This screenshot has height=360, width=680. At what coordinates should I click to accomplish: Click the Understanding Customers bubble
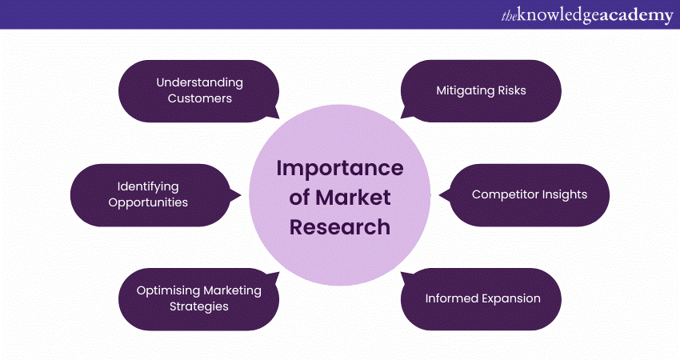click(x=199, y=90)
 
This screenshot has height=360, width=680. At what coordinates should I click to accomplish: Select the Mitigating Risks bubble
click(x=481, y=90)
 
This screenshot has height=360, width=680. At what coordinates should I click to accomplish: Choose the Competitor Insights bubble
click(x=529, y=194)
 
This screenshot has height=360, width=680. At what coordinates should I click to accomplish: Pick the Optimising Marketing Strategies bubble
click(x=199, y=298)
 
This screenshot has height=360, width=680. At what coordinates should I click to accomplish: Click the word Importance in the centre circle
click(x=340, y=169)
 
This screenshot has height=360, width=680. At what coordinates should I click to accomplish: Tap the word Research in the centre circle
click(x=340, y=226)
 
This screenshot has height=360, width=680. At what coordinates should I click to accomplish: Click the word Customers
click(x=199, y=99)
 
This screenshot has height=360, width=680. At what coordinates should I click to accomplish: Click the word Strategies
click(x=199, y=307)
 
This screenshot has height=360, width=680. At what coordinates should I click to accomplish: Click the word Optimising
click(x=166, y=290)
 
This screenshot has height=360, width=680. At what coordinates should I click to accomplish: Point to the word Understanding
click(x=199, y=82)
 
